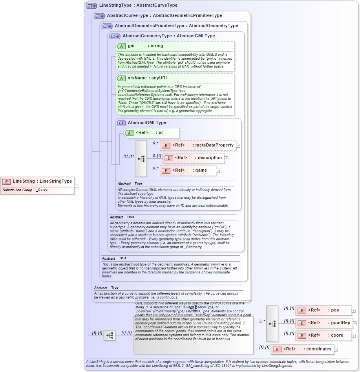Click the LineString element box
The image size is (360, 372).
[x=37, y=181]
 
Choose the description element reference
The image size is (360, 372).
[x=194, y=158]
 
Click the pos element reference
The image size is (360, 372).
[x=323, y=310]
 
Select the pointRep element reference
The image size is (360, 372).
[x=324, y=323]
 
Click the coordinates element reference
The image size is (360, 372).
[x=302, y=349]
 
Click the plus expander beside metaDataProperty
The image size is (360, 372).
[x=238, y=146]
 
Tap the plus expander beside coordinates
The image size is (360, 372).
[x=336, y=349]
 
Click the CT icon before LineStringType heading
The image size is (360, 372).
[x=91, y=5]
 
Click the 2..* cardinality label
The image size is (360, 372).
[x=262, y=321]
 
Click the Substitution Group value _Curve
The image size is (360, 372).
[x=42, y=190]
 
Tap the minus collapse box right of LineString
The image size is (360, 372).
[x=77, y=186]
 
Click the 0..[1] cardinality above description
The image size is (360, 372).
[x=157, y=156]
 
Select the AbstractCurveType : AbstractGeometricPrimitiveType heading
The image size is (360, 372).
[x=164, y=16]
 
